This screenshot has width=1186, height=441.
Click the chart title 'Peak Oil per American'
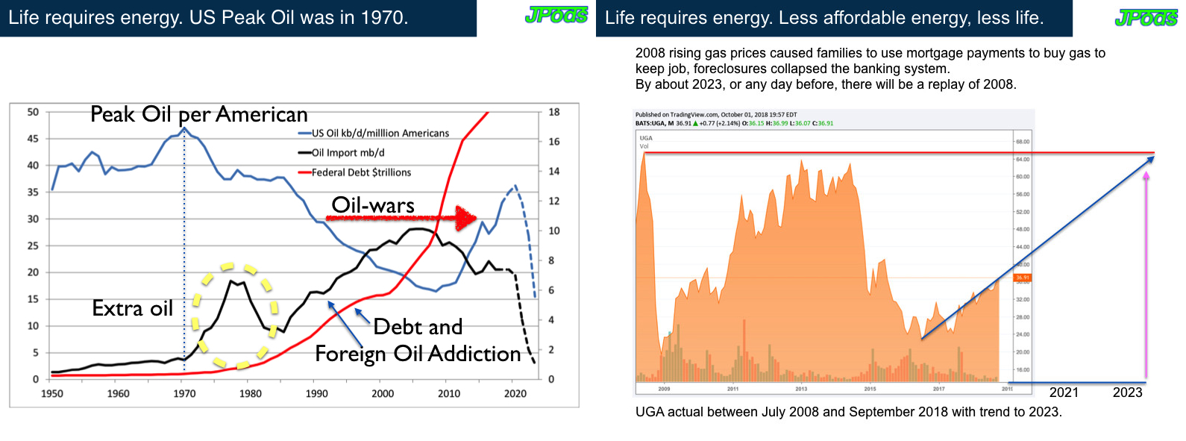198,114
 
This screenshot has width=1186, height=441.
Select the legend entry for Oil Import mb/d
348,153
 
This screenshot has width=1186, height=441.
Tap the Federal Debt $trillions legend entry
361,172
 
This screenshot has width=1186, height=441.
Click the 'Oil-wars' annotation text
373,205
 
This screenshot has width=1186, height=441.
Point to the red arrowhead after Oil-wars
467,218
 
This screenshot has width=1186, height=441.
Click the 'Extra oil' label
132,308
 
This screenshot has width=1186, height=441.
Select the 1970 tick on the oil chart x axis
184,393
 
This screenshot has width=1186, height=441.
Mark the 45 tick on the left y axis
33,139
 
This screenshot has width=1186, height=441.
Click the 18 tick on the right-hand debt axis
554,112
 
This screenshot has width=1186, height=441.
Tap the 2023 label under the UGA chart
1127,393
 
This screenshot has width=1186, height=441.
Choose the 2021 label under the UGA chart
1064,393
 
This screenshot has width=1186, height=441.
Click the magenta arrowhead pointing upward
1146,177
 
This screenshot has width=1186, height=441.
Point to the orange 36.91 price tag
1022,278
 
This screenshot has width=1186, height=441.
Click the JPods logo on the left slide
556,16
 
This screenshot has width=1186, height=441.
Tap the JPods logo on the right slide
1146,18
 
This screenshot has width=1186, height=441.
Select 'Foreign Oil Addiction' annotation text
418,354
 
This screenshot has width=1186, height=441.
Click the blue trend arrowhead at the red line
1151,159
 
